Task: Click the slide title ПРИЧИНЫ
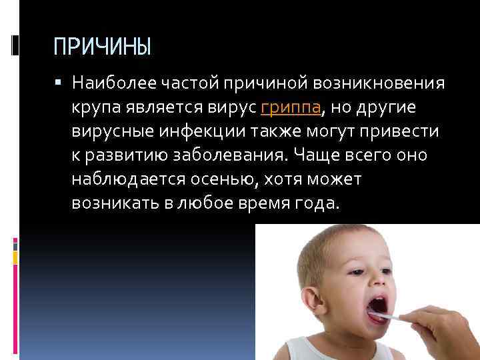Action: click(103, 47)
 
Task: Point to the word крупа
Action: click(93, 108)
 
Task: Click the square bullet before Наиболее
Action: click(59, 84)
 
